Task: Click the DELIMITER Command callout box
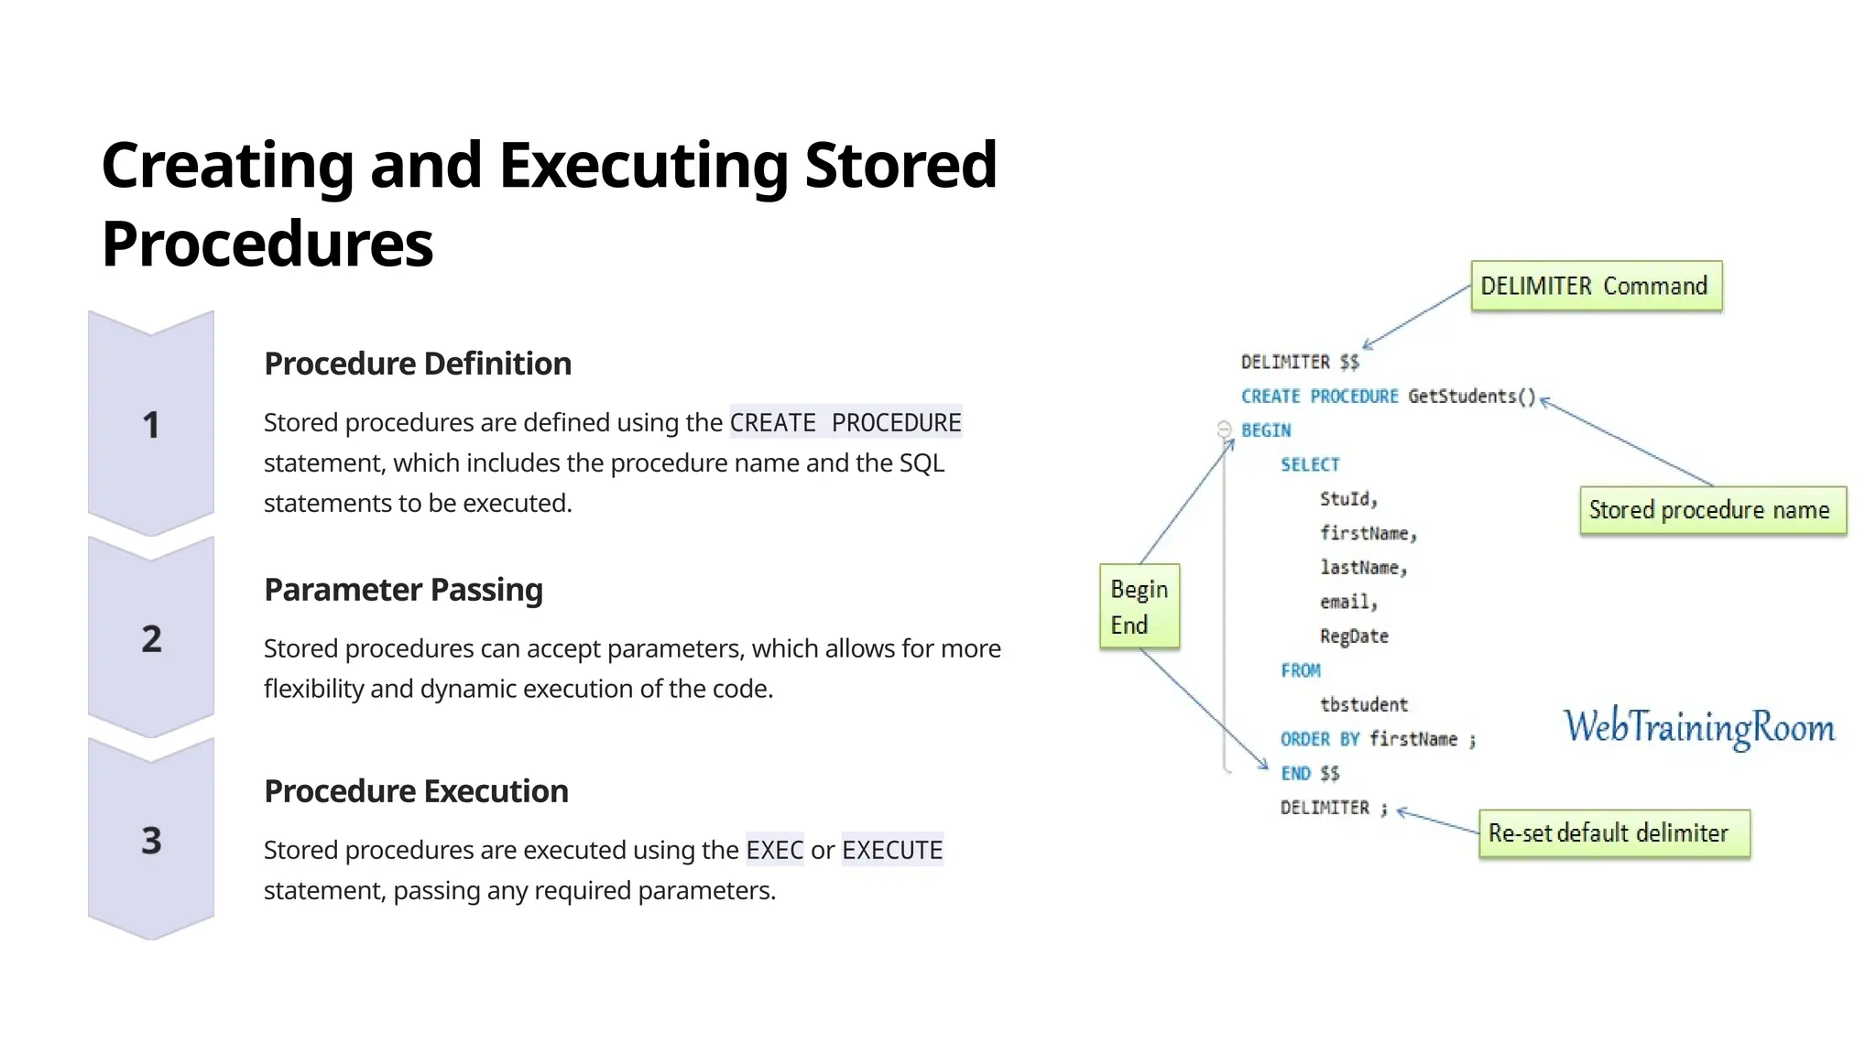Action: click(1596, 287)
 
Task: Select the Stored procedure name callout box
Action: click(1712, 510)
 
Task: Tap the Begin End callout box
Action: click(1139, 606)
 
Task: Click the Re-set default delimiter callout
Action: click(1613, 833)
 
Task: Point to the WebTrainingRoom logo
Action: click(1699, 727)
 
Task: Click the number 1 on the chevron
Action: click(151, 425)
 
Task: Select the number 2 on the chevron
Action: click(151, 638)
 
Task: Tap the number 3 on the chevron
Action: click(151, 840)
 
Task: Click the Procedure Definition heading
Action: click(417, 364)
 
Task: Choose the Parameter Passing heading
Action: click(403, 590)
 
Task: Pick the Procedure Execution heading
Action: click(416, 791)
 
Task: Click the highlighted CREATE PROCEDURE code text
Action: click(845, 422)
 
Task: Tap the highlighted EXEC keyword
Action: click(774, 850)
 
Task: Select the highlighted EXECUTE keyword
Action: click(891, 850)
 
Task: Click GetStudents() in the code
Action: click(1471, 396)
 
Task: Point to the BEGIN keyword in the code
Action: click(1266, 430)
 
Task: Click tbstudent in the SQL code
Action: click(1363, 704)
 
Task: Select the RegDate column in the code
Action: click(1354, 636)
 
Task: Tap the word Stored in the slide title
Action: click(900, 166)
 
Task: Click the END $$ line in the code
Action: click(1310, 773)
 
